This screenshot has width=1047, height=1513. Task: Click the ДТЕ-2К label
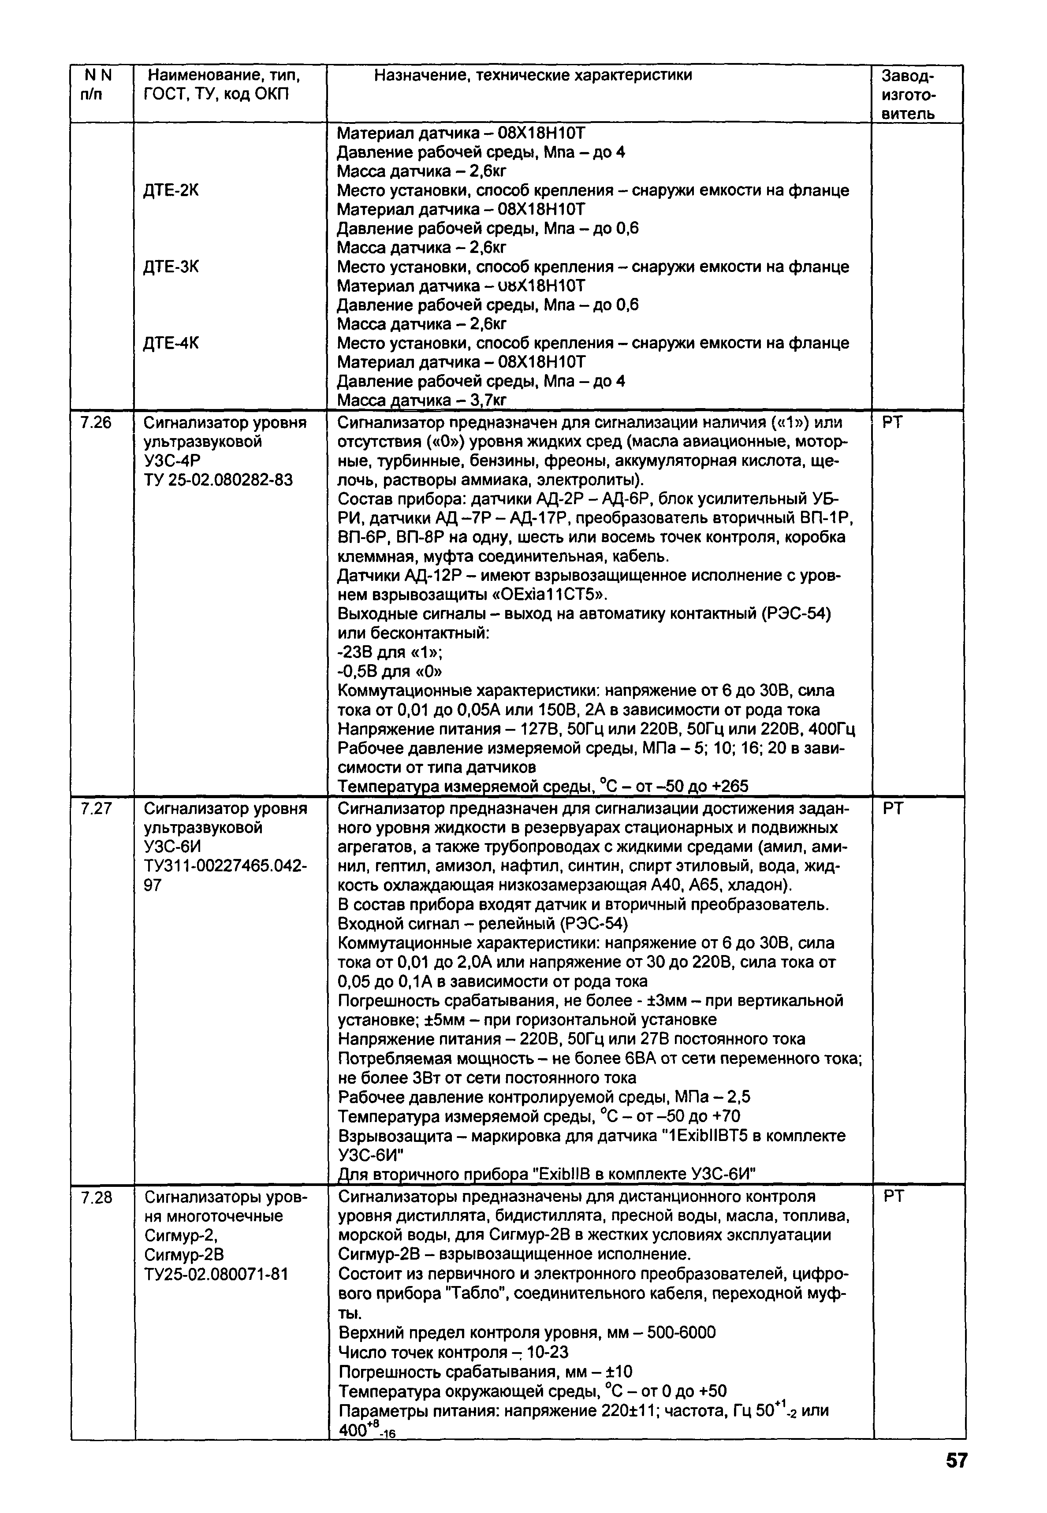point(171,191)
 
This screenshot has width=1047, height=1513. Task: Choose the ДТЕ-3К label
point(171,267)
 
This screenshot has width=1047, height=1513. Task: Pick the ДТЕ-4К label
point(171,344)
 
